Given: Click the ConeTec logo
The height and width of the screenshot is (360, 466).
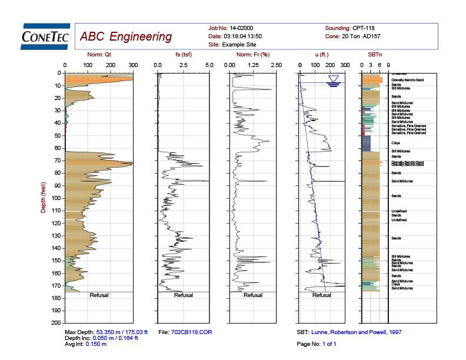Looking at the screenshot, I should click(x=45, y=36).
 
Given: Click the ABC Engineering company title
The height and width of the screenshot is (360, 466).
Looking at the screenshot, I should click(x=125, y=36).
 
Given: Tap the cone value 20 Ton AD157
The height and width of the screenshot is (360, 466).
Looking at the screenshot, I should click(x=367, y=36).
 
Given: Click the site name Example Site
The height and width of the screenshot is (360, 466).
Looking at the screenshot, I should click(x=242, y=45).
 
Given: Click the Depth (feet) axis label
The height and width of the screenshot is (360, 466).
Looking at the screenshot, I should click(x=43, y=198).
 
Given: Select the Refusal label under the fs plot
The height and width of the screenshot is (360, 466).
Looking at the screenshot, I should click(x=184, y=295).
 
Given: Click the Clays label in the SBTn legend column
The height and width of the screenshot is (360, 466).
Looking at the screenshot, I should click(x=395, y=143).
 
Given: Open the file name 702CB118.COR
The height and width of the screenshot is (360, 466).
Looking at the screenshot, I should click(x=192, y=332).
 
